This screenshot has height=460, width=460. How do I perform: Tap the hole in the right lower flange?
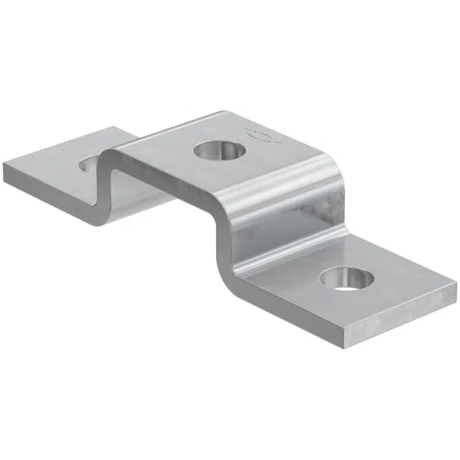pyautogui.click(x=347, y=278)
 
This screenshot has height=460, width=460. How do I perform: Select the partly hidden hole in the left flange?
pyautogui.click(x=89, y=164)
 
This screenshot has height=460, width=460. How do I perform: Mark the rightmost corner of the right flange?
pyautogui.click(x=455, y=283)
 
